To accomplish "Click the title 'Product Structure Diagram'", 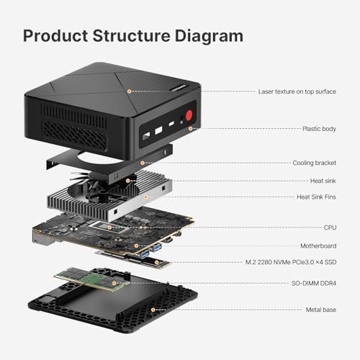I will pyautogui.click(x=133, y=35).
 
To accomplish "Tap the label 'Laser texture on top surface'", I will pyautogui.click(x=297, y=91).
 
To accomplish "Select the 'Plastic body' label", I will pyautogui.click(x=319, y=128).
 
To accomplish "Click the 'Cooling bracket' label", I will pyautogui.click(x=315, y=163).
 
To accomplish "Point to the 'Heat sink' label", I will pyautogui.click(x=321, y=180).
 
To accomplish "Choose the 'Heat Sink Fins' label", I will pyautogui.click(x=314, y=197).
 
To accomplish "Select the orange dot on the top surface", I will pyautogui.click(x=129, y=91).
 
